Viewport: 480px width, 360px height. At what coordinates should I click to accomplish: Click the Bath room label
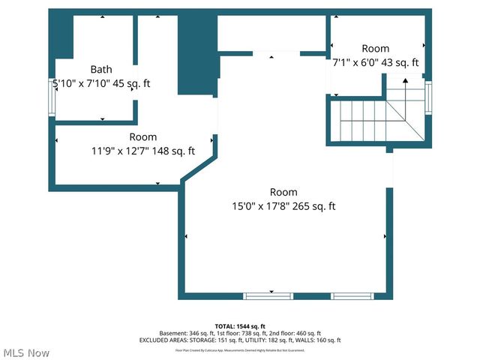(101, 69)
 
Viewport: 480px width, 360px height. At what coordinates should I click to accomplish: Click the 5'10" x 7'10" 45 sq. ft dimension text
(101, 83)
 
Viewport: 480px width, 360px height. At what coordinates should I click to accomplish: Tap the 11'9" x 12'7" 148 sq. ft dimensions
(143, 151)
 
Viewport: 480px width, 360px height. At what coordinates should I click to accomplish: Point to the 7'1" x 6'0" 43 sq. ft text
(376, 63)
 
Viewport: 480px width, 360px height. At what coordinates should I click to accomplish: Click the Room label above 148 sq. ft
(143, 136)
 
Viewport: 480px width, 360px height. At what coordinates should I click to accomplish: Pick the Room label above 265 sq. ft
(284, 192)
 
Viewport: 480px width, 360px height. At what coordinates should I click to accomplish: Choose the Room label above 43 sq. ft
(376, 48)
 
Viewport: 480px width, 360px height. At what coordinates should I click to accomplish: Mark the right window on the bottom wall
(352, 295)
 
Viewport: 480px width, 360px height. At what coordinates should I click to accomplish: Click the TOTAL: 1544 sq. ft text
(240, 326)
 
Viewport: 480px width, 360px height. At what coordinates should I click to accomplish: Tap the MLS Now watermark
(27, 352)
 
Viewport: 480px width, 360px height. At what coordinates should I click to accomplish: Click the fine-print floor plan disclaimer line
(240, 349)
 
